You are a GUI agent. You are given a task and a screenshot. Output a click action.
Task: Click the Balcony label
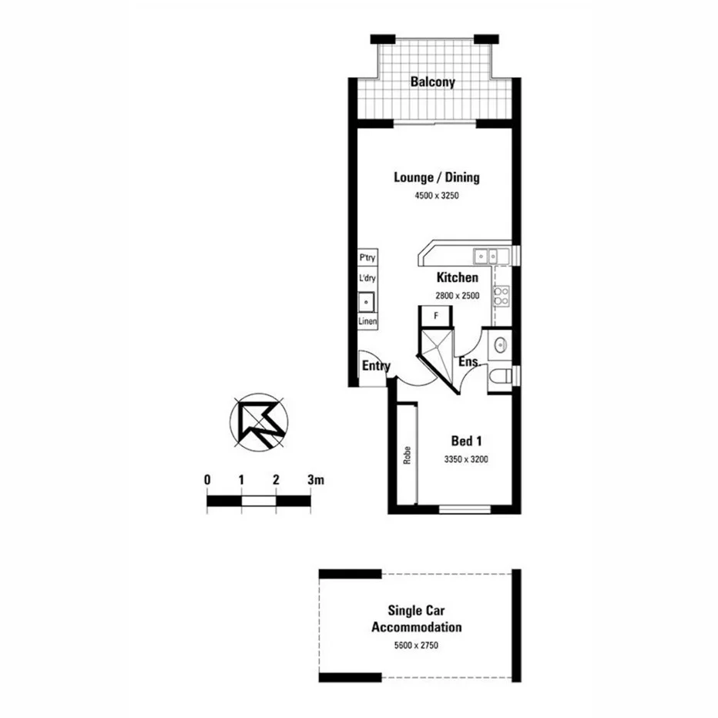pos(432,82)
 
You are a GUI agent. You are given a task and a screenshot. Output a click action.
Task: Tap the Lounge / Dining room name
pos(436,178)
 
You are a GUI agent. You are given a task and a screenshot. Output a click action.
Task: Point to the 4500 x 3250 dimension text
pos(436,196)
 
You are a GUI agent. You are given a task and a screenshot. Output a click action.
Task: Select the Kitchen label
pos(458,278)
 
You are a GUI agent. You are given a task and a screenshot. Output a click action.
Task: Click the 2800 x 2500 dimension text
pos(458,295)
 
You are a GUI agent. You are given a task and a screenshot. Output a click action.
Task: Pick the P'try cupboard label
pos(367,258)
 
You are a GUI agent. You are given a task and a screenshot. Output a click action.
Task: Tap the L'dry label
pos(367,279)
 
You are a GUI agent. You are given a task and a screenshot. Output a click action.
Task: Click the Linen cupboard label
pos(367,321)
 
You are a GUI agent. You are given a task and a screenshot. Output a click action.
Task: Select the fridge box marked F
pos(436,316)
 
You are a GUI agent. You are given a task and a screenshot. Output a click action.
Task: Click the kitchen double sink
pos(487,255)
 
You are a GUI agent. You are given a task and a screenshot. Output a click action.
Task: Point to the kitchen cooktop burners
pos(502,295)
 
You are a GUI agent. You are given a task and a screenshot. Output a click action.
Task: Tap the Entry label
pos(376,367)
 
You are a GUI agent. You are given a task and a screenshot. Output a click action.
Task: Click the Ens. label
pos(469,362)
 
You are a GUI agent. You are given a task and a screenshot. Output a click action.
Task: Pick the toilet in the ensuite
pos(502,377)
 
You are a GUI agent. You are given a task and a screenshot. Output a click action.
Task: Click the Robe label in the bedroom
pos(406,456)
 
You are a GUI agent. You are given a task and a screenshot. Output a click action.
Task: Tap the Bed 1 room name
pos(466,442)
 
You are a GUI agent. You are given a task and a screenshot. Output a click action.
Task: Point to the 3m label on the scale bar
pos(314,480)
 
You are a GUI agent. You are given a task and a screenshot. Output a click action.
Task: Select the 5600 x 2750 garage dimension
pos(417,646)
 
